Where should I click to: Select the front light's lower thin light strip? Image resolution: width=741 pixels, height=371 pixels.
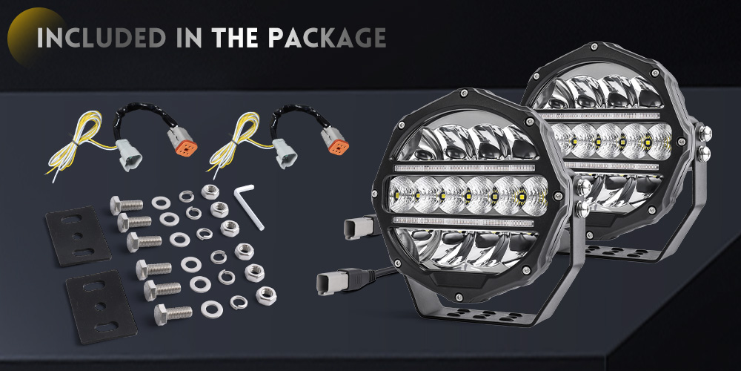pyautogui.click(x=463, y=221)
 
